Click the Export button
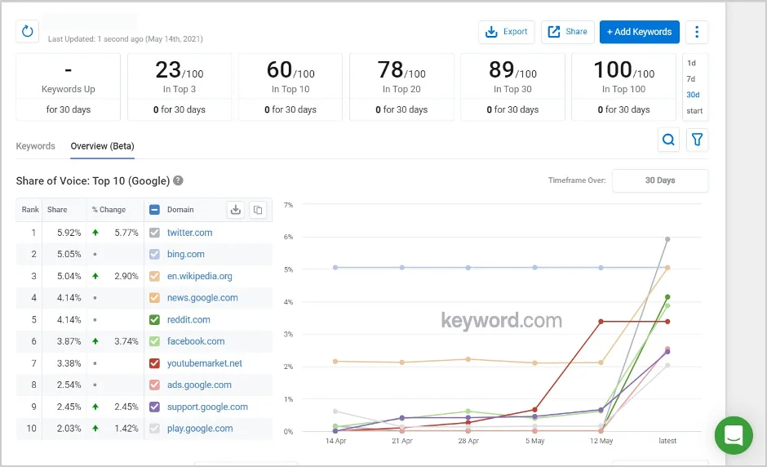[x=506, y=32]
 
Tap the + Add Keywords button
[x=639, y=32]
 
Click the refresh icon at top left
[x=28, y=32]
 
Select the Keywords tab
[x=35, y=146]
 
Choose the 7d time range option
[x=691, y=79]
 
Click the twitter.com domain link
[x=189, y=233]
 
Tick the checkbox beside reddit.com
[x=155, y=320]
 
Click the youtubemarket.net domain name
[x=205, y=363]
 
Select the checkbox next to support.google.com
[x=155, y=407]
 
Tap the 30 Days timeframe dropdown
[x=659, y=180]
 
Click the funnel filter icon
[x=697, y=140]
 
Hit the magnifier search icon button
[x=669, y=140]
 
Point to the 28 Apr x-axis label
[x=468, y=441]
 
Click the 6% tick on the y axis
[x=288, y=237]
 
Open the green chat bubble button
[x=734, y=435]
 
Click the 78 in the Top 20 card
[x=390, y=70]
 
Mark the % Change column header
[x=109, y=210]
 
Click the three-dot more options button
[x=697, y=32]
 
